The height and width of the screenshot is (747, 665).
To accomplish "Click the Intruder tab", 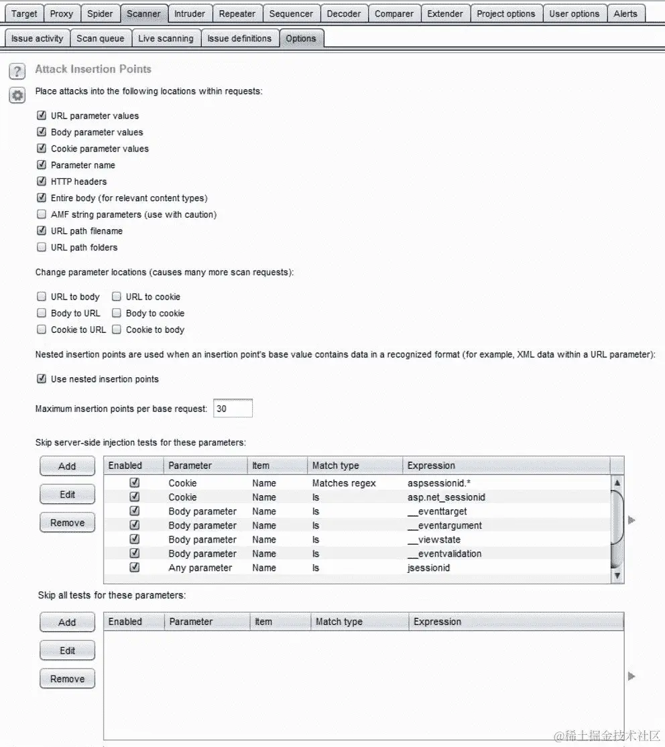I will (x=190, y=13).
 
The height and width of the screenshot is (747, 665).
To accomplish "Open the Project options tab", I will (x=505, y=13).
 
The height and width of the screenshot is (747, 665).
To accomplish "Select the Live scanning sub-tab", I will (x=166, y=38).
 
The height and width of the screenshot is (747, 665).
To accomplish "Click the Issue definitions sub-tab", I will (x=239, y=38).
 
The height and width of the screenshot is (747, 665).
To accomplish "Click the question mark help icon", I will (x=17, y=71).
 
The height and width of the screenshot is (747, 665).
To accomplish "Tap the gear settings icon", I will (x=17, y=95).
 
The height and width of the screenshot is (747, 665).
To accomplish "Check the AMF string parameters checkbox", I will (x=42, y=214).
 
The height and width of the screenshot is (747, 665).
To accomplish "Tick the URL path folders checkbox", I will (x=42, y=247).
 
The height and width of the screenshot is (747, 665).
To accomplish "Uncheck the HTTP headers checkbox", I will (x=42, y=182).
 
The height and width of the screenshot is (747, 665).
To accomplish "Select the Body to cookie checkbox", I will (x=117, y=313).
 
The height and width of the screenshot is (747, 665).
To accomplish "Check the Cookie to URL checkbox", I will (x=42, y=330).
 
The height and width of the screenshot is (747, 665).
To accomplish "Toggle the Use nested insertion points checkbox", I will (x=42, y=379).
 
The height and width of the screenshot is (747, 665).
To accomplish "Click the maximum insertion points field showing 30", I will (x=233, y=408).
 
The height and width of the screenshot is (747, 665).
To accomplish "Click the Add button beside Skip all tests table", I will (x=67, y=622).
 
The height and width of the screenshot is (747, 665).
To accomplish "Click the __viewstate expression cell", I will (x=434, y=539).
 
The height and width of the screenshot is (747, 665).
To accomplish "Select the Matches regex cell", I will (x=344, y=483).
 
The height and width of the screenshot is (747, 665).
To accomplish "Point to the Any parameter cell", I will (x=200, y=567).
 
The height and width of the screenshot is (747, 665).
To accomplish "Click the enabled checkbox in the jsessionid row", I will (x=135, y=567).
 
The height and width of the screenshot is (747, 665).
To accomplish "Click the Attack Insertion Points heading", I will (x=93, y=69).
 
